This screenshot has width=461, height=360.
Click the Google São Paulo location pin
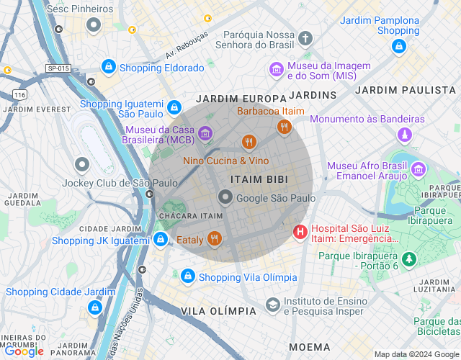(x=225, y=197)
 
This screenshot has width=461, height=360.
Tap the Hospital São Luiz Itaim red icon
(x=300, y=232)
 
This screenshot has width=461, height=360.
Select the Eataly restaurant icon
(x=214, y=238)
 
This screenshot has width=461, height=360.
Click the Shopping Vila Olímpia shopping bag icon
(x=188, y=276)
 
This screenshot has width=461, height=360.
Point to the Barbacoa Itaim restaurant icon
(x=284, y=127)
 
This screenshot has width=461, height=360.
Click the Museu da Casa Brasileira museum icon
(x=205, y=133)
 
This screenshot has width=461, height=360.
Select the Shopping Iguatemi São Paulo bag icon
(x=173, y=108)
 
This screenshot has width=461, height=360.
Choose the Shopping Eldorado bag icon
(x=108, y=67)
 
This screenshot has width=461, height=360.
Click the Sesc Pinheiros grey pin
(x=93, y=26)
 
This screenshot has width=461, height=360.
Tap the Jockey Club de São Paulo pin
(x=82, y=166)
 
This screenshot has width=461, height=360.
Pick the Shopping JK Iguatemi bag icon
(x=161, y=239)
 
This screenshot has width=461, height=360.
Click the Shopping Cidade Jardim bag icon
(x=94, y=307)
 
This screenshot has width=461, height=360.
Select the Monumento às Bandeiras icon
(x=405, y=135)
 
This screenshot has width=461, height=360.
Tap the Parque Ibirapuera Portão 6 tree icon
(x=409, y=258)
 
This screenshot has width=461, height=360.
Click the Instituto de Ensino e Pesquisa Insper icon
(x=272, y=305)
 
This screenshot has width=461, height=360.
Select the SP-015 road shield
(x=58, y=68)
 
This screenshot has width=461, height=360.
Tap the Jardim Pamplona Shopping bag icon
(x=398, y=46)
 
